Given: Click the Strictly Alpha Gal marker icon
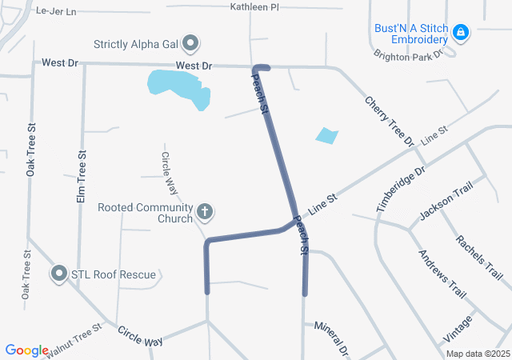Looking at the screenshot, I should click(x=190, y=42).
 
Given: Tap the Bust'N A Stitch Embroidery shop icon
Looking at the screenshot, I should click(x=460, y=33).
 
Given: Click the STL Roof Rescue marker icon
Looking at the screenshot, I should click(x=58, y=274).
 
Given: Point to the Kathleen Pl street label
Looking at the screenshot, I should click(x=254, y=6).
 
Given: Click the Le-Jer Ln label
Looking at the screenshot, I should click(x=56, y=11).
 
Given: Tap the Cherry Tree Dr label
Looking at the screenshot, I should click(x=390, y=121).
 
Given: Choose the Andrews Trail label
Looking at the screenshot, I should click(x=442, y=273).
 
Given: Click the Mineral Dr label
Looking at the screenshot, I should click(x=332, y=338).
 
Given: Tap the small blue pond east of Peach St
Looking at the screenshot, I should click(x=326, y=135).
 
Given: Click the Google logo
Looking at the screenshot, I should click(x=26, y=350).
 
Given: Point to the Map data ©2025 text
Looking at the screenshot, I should click(x=478, y=354).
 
